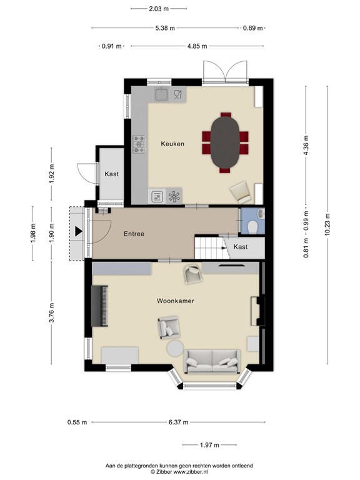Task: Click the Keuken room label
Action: [x=172, y=144]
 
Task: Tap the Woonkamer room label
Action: [x=175, y=301]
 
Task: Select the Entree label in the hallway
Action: [x=134, y=234]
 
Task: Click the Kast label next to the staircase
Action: [x=241, y=247]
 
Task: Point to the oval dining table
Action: [x=225, y=142]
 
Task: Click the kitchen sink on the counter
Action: [x=162, y=94]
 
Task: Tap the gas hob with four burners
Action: [x=139, y=144]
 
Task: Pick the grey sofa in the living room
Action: [x=212, y=360]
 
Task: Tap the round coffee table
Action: [x=175, y=348]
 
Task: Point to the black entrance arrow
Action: [x=78, y=232]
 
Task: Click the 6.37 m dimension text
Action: [x=179, y=422]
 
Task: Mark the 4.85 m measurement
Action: [x=197, y=46]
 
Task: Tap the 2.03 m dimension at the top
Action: [x=159, y=9]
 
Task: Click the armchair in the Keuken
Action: [x=241, y=191]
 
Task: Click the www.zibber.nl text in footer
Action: [x=196, y=471]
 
